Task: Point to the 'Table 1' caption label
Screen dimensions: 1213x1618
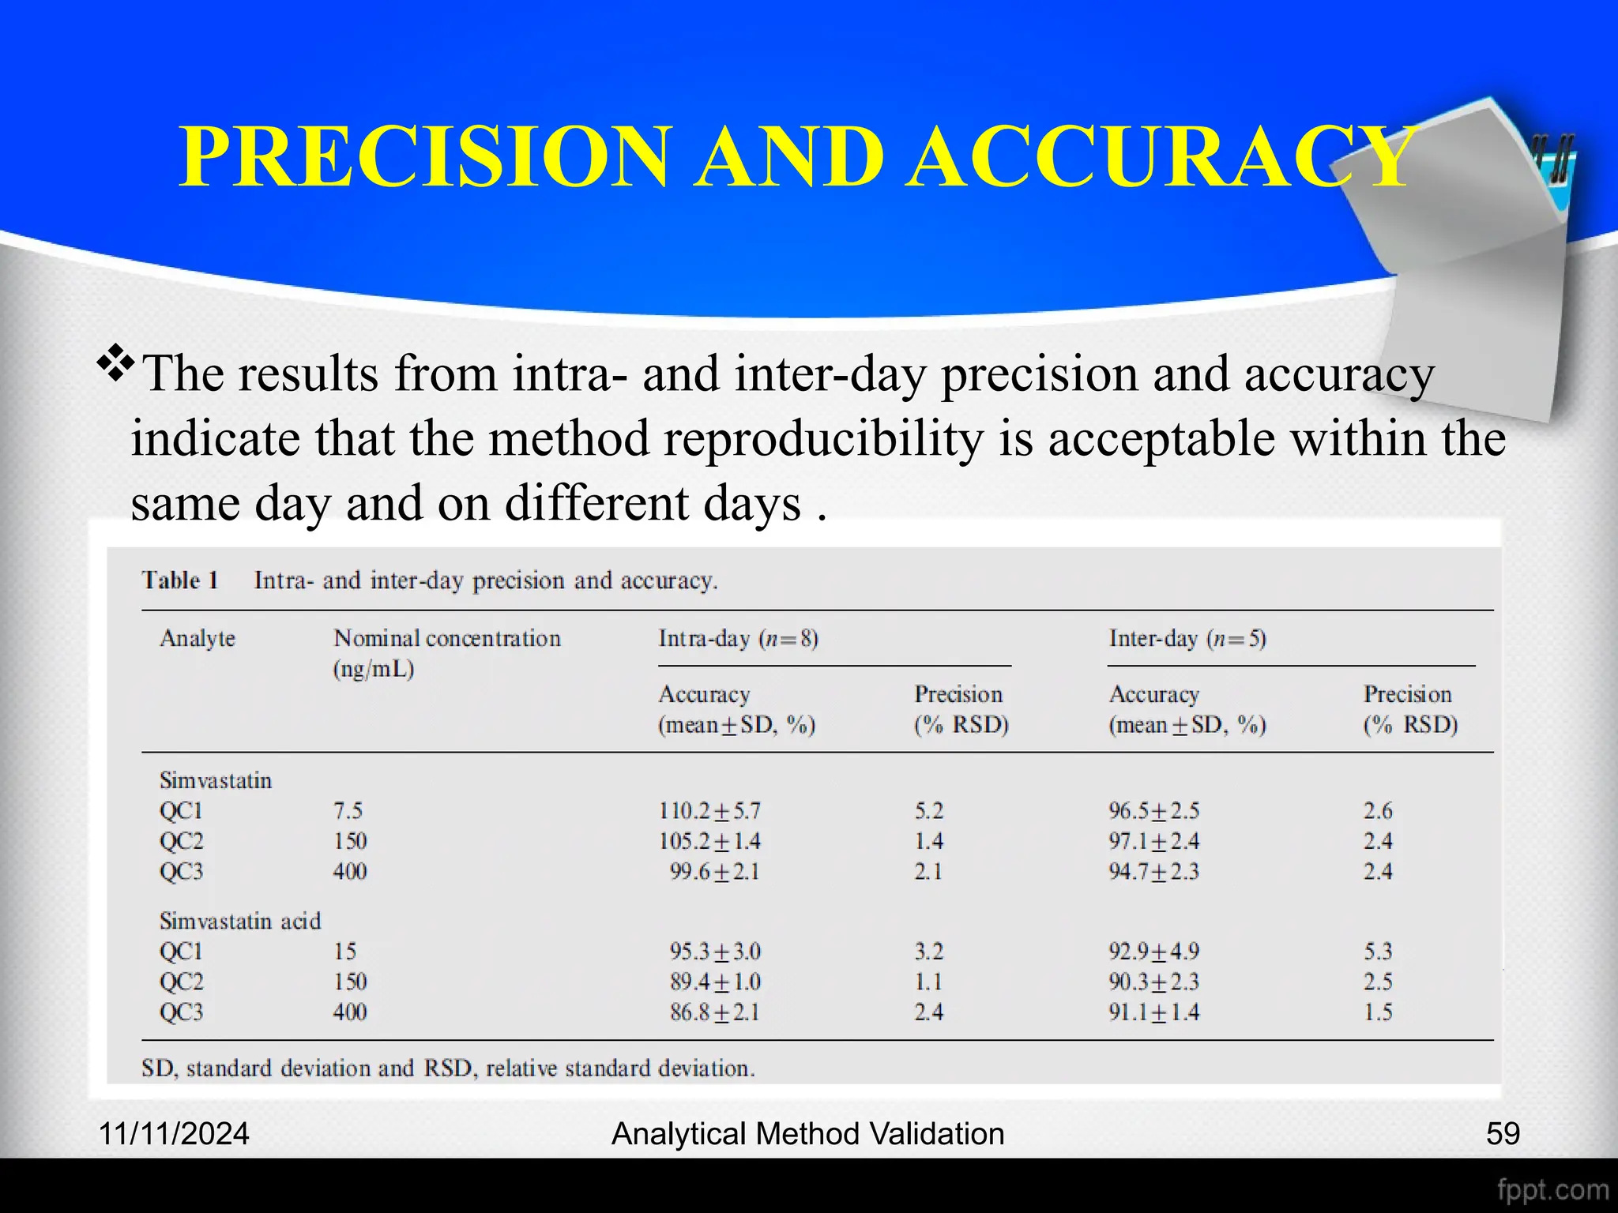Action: coord(180,580)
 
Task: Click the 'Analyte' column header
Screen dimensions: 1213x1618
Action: coord(198,638)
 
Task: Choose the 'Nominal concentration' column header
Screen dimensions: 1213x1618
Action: coord(446,638)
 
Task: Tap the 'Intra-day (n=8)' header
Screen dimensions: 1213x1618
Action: coord(738,638)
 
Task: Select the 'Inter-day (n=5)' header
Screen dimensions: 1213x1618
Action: coord(1187,638)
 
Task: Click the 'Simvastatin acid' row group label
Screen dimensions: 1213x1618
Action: coord(240,921)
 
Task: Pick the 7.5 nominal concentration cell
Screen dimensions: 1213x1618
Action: coord(348,811)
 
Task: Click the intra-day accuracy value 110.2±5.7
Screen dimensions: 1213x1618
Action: coord(709,811)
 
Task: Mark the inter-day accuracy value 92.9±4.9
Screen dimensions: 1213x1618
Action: coord(1153,952)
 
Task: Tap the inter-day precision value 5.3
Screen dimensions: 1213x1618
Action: coord(1378,952)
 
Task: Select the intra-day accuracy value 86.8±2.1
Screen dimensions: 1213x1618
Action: coord(714,1012)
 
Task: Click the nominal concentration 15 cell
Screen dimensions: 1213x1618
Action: coord(344,952)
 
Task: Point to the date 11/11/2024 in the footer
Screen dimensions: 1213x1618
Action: coord(174,1134)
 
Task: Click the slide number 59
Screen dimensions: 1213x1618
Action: coord(1503,1134)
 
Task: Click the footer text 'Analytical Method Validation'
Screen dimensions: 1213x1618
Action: coord(807,1134)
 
